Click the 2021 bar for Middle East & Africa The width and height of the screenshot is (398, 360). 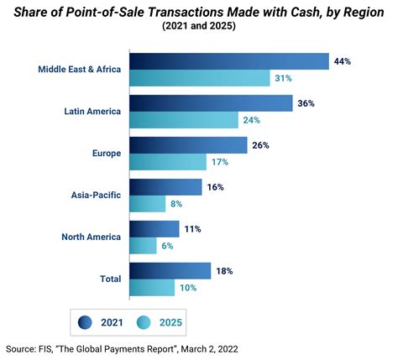pyautogui.click(x=229, y=61)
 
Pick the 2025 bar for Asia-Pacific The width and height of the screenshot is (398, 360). pyautogui.click(x=148, y=203)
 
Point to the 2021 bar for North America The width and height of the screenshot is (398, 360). pyautogui.click(x=154, y=228)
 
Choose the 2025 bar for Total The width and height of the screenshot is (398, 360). pyautogui.click(x=152, y=287)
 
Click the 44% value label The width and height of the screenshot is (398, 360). pyautogui.click(x=342, y=60)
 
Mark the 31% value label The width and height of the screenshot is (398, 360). pyautogui.click(x=283, y=78)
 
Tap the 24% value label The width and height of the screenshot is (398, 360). pyautogui.click(x=251, y=119)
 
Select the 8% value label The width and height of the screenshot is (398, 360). pyautogui.click(x=176, y=203)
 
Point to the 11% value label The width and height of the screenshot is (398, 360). pyautogui.click(x=192, y=228)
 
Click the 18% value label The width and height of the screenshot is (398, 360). pyautogui.click(x=224, y=270)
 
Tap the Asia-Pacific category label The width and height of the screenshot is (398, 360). pyautogui.click(x=95, y=195)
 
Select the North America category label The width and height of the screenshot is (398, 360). pyautogui.click(x=92, y=237)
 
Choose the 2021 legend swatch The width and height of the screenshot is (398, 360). pyautogui.click(x=85, y=321)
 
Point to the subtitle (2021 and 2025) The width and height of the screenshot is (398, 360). pyautogui.click(x=198, y=26)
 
